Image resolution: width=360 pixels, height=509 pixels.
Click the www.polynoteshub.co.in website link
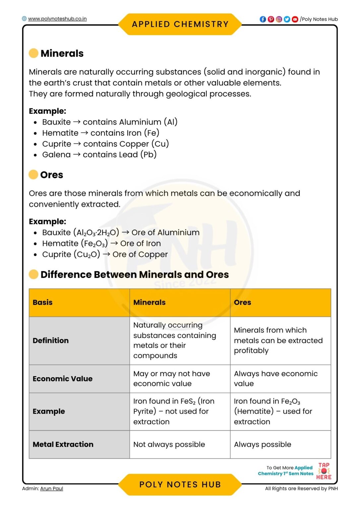pyautogui.click(x=57, y=19)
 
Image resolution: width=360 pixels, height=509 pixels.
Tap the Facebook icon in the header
pyautogui.click(x=263, y=19)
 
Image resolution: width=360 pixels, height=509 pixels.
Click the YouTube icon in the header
pyautogui.click(x=295, y=19)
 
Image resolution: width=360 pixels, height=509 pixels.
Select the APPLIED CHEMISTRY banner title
pyautogui.click(x=180, y=24)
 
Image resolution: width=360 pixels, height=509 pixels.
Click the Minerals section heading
pyautogui.click(x=62, y=53)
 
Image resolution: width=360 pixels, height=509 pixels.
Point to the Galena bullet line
pyautogui.click(x=99, y=155)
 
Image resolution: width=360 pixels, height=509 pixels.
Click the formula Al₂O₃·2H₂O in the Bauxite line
pyautogui.click(x=96, y=233)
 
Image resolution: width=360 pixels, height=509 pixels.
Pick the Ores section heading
pyautogui.click(x=51, y=175)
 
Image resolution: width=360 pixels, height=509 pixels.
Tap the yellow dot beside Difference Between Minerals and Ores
pyautogui.click(x=33, y=274)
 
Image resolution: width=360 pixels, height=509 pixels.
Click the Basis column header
pyautogui.click(x=42, y=302)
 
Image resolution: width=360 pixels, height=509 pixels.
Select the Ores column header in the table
pyautogui.click(x=242, y=302)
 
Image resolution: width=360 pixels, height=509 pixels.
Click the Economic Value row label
pyautogui.click(x=62, y=379)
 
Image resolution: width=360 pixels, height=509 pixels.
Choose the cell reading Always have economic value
pyautogui.click(x=275, y=378)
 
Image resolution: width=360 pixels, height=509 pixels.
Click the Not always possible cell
pyautogui.click(x=169, y=444)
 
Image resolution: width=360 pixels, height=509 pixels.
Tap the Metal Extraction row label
pyautogui.click(x=63, y=444)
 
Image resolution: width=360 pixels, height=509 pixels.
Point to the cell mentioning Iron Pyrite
pyautogui.click(x=174, y=411)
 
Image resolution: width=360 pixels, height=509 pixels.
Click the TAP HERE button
pyautogui.click(x=324, y=471)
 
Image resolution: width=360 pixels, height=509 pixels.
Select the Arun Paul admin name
pyautogui.click(x=51, y=488)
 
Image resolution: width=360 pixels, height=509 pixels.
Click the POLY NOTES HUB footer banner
pyautogui.click(x=180, y=484)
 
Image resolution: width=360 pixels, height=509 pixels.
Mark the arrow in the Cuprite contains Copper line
pyautogui.click(x=77, y=144)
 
